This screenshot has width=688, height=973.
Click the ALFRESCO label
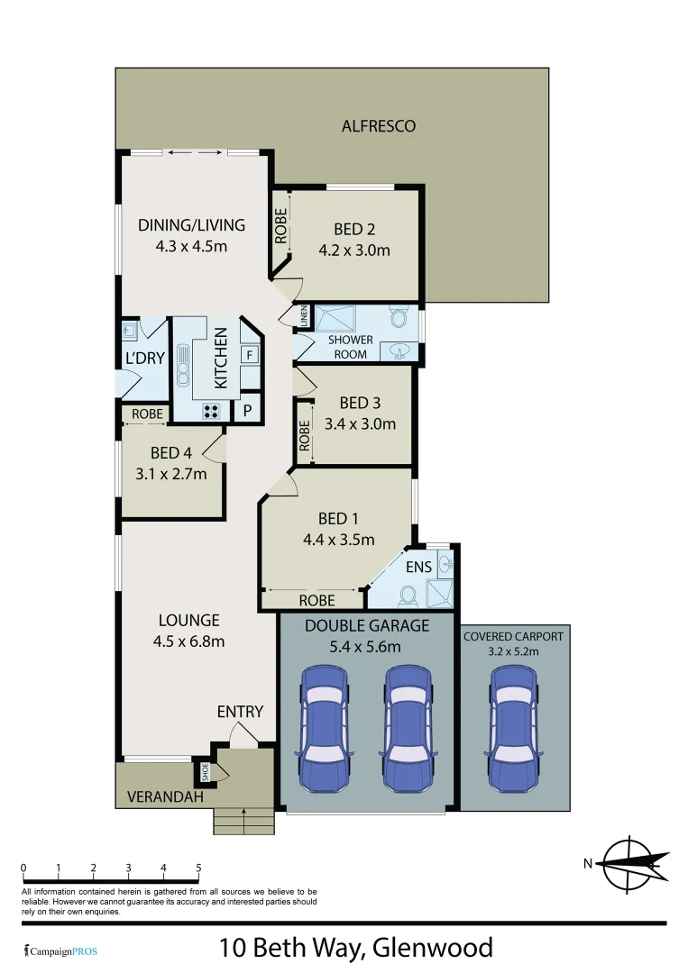coord(379,126)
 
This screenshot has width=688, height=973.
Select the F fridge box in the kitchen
coord(248,354)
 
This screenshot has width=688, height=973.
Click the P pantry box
coord(247,411)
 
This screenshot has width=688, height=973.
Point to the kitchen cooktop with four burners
coord(212,411)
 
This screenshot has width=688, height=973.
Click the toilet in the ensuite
coord(408,595)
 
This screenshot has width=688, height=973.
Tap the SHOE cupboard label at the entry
coord(204,771)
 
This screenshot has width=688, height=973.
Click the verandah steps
coord(243,821)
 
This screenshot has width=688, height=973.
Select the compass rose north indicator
coord(630,863)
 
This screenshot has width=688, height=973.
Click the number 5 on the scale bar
coord(198,868)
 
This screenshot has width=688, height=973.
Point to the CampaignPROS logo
coord(60,950)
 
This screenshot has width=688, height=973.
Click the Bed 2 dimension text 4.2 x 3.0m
coord(354,250)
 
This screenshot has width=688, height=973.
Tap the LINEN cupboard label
coord(304,316)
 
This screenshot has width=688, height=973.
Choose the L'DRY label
coord(145,358)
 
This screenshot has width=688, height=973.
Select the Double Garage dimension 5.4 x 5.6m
coord(366,646)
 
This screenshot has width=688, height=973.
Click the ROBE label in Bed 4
coord(147,414)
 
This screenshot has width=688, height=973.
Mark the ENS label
coord(418,567)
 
